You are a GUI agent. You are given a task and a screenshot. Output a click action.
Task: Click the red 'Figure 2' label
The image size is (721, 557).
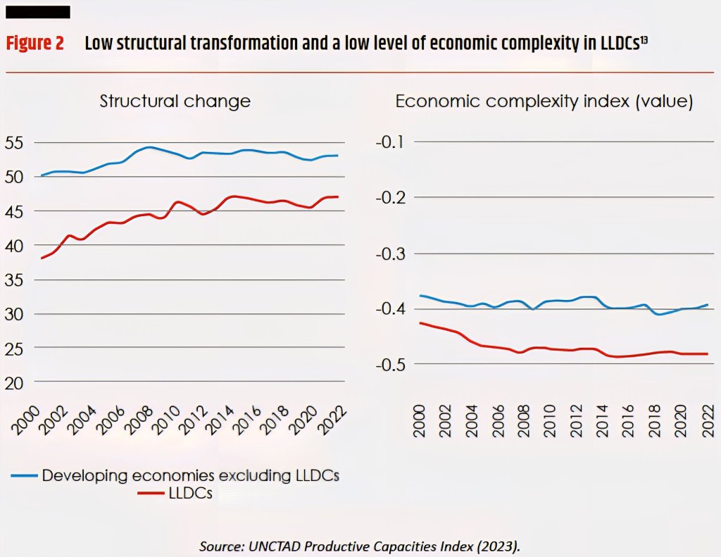pyautogui.click(x=35, y=44)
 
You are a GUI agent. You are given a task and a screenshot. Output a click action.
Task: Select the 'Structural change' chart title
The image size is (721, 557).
pyautogui.click(x=175, y=101)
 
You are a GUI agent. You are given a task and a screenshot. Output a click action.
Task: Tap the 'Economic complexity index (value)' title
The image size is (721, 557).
pyautogui.click(x=544, y=101)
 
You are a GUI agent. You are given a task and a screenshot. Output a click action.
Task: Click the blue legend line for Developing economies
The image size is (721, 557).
pyautogui.click(x=23, y=476)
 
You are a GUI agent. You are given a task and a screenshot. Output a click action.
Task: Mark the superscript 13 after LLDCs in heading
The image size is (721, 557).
pyautogui.click(x=644, y=39)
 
